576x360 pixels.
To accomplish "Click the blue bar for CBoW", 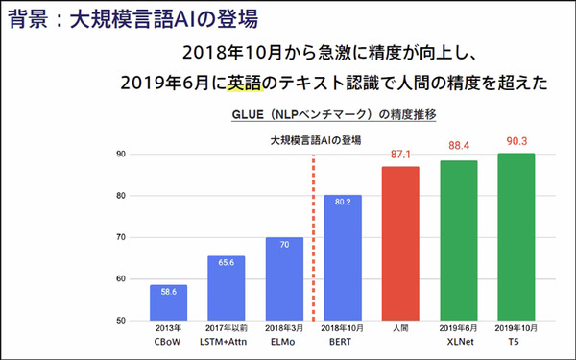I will tap(168, 302).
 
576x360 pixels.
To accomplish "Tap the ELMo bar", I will tap(284, 278).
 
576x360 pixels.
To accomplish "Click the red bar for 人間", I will tap(401, 243).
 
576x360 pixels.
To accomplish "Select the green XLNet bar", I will tap(460, 240).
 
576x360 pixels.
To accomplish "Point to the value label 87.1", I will tap(401, 154).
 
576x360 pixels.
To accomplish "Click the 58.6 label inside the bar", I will tap(168, 292).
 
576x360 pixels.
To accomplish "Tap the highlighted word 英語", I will tap(249, 84).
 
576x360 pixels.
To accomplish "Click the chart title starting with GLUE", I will tap(335, 114).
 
